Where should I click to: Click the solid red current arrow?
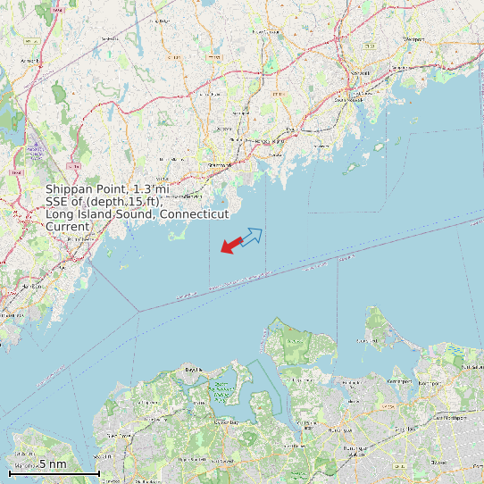(231, 244)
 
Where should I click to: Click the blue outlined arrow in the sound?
(252, 237)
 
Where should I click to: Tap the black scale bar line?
(54, 472)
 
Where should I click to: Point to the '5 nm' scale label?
(52, 464)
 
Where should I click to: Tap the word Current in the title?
(68, 227)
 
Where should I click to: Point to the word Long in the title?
(61, 214)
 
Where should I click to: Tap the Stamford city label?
(218, 165)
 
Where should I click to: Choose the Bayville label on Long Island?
(193, 369)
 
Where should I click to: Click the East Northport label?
(451, 417)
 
